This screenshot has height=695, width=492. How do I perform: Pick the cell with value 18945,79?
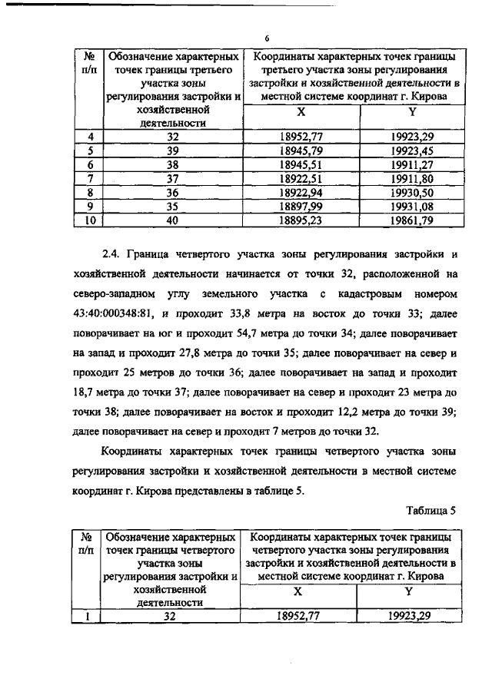pos(301,150)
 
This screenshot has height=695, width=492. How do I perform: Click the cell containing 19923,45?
pos(412,150)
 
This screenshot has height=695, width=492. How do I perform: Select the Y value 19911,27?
pos(412,164)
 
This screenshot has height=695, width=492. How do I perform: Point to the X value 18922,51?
pos(301,177)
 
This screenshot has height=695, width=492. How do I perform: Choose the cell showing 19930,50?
pos(412,191)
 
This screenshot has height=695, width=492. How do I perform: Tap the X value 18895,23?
pos(301,219)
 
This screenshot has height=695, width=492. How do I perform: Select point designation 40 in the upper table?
pos(172,219)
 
